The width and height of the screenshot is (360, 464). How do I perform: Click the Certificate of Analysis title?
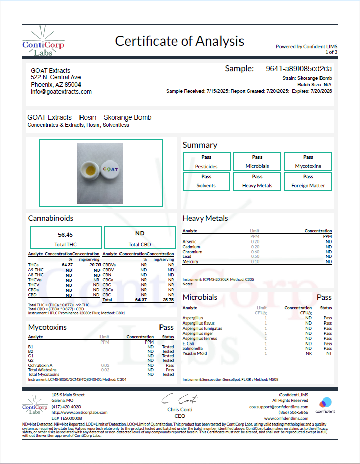(x=179, y=41)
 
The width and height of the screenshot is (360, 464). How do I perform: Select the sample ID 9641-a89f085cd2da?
(x=299, y=68)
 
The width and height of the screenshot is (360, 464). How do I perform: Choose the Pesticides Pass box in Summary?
(x=206, y=162)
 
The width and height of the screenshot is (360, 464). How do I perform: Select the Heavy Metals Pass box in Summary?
(x=257, y=180)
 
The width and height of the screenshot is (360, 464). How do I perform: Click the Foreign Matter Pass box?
(x=308, y=180)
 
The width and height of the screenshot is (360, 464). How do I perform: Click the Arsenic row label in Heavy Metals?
(x=189, y=241)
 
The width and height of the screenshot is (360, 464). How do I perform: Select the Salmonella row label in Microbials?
(x=192, y=348)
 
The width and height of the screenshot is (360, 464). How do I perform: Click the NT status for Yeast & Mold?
(x=328, y=353)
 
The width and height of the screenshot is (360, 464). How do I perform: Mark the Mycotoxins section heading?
(x=47, y=327)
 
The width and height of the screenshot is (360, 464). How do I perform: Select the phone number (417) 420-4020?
(x=66, y=407)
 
